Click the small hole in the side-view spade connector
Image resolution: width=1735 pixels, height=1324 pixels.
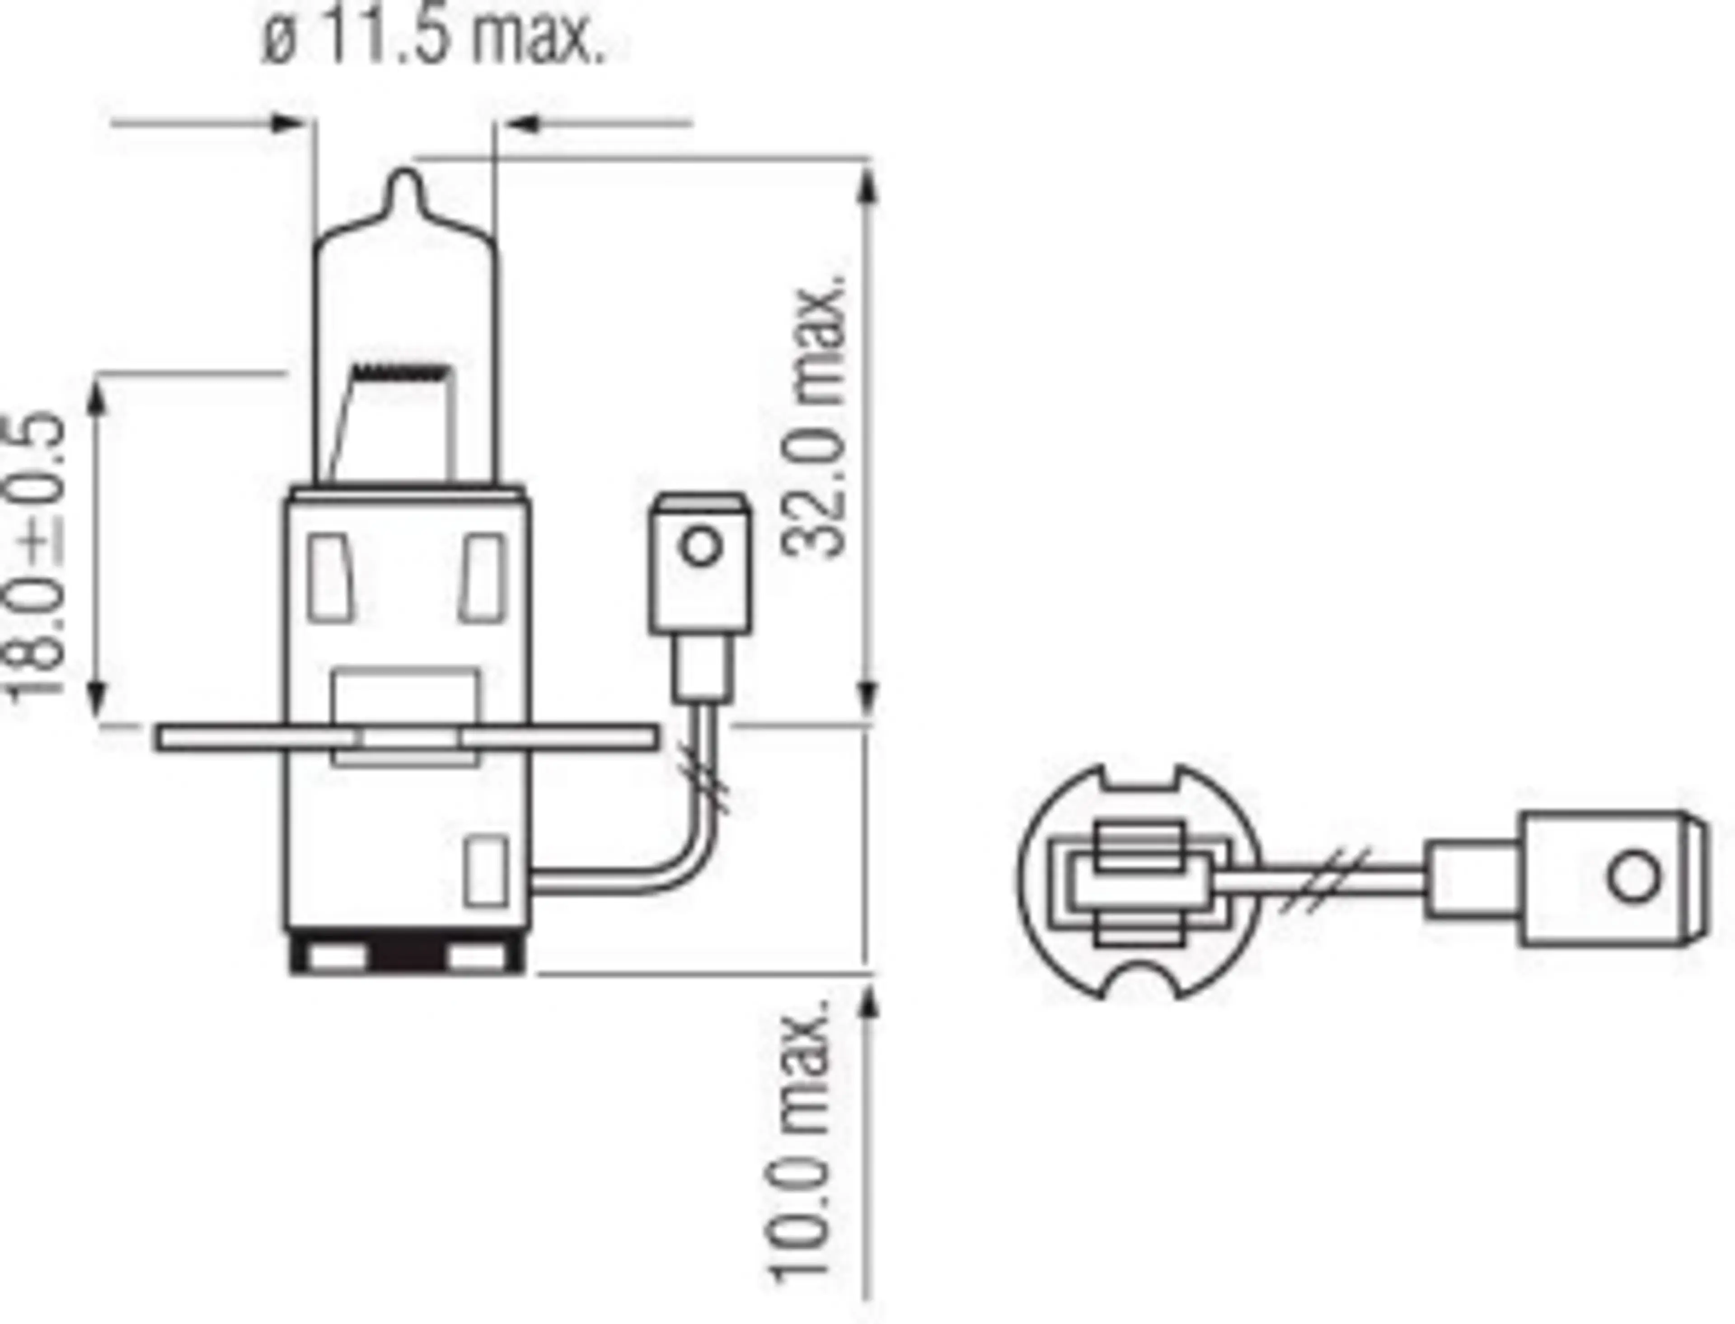[x=700, y=546]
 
